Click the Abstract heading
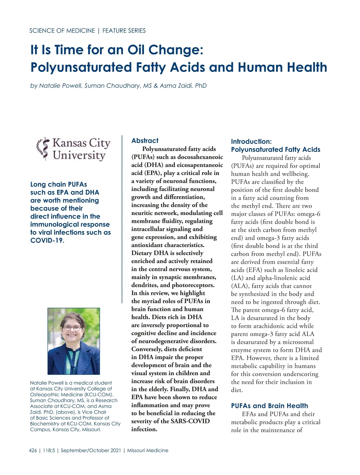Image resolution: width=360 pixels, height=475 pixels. click(x=145, y=141)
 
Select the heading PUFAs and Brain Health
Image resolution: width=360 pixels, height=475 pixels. click(x=269, y=406)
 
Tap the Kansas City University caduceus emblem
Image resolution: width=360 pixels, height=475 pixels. click(x=43, y=149)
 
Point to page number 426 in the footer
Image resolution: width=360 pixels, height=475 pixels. click(x=33, y=450)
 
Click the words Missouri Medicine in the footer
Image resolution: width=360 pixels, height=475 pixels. click(x=148, y=450)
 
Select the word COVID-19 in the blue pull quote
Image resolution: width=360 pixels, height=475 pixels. click(x=47, y=241)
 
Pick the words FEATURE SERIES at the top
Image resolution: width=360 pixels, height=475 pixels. click(x=124, y=31)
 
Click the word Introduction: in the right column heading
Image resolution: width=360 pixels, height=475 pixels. click(x=251, y=141)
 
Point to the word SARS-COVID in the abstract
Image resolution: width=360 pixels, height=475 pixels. click(x=190, y=421)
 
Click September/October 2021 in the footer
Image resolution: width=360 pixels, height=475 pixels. click(x=91, y=450)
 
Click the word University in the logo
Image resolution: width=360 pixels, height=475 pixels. click(x=79, y=156)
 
